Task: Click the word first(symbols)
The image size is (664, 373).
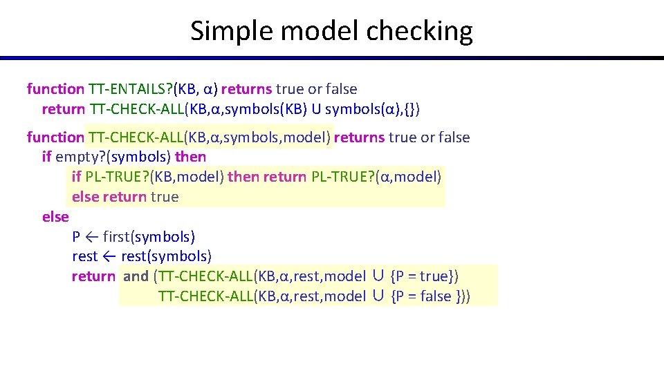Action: [x=149, y=237]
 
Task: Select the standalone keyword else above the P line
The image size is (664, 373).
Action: [x=55, y=217]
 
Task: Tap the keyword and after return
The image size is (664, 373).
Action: [x=136, y=276]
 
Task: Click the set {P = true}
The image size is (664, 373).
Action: [x=424, y=276]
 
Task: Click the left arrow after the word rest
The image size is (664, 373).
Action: [x=109, y=257]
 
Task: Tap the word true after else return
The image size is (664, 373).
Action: [x=164, y=197]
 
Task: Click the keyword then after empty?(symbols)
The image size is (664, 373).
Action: [x=190, y=157]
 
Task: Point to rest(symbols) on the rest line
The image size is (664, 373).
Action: [x=166, y=257]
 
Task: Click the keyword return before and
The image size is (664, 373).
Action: [x=93, y=276]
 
